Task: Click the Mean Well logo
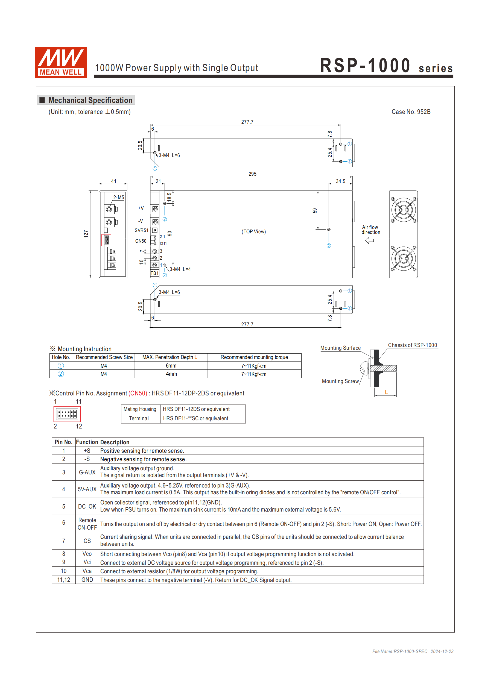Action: coord(61,63)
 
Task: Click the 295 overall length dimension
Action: coord(252,174)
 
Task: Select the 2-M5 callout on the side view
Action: coord(118,198)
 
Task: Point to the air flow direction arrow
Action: coord(369,240)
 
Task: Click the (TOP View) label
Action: coord(253,232)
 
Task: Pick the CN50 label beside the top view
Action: coord(141,241)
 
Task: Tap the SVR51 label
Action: coord(141,230)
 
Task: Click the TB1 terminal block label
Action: coord(154,273)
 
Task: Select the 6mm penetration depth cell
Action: coord(171,366)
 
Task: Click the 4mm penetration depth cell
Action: coord(171,374)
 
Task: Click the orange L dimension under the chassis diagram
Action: coord(386,392)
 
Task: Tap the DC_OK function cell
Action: coord(87,506)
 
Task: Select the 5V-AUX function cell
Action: coord(87,489)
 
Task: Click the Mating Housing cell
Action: coord(140,409)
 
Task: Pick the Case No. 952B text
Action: coord(411,112)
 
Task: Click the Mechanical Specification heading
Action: coord(90,100)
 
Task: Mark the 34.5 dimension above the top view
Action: coord(340,181)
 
